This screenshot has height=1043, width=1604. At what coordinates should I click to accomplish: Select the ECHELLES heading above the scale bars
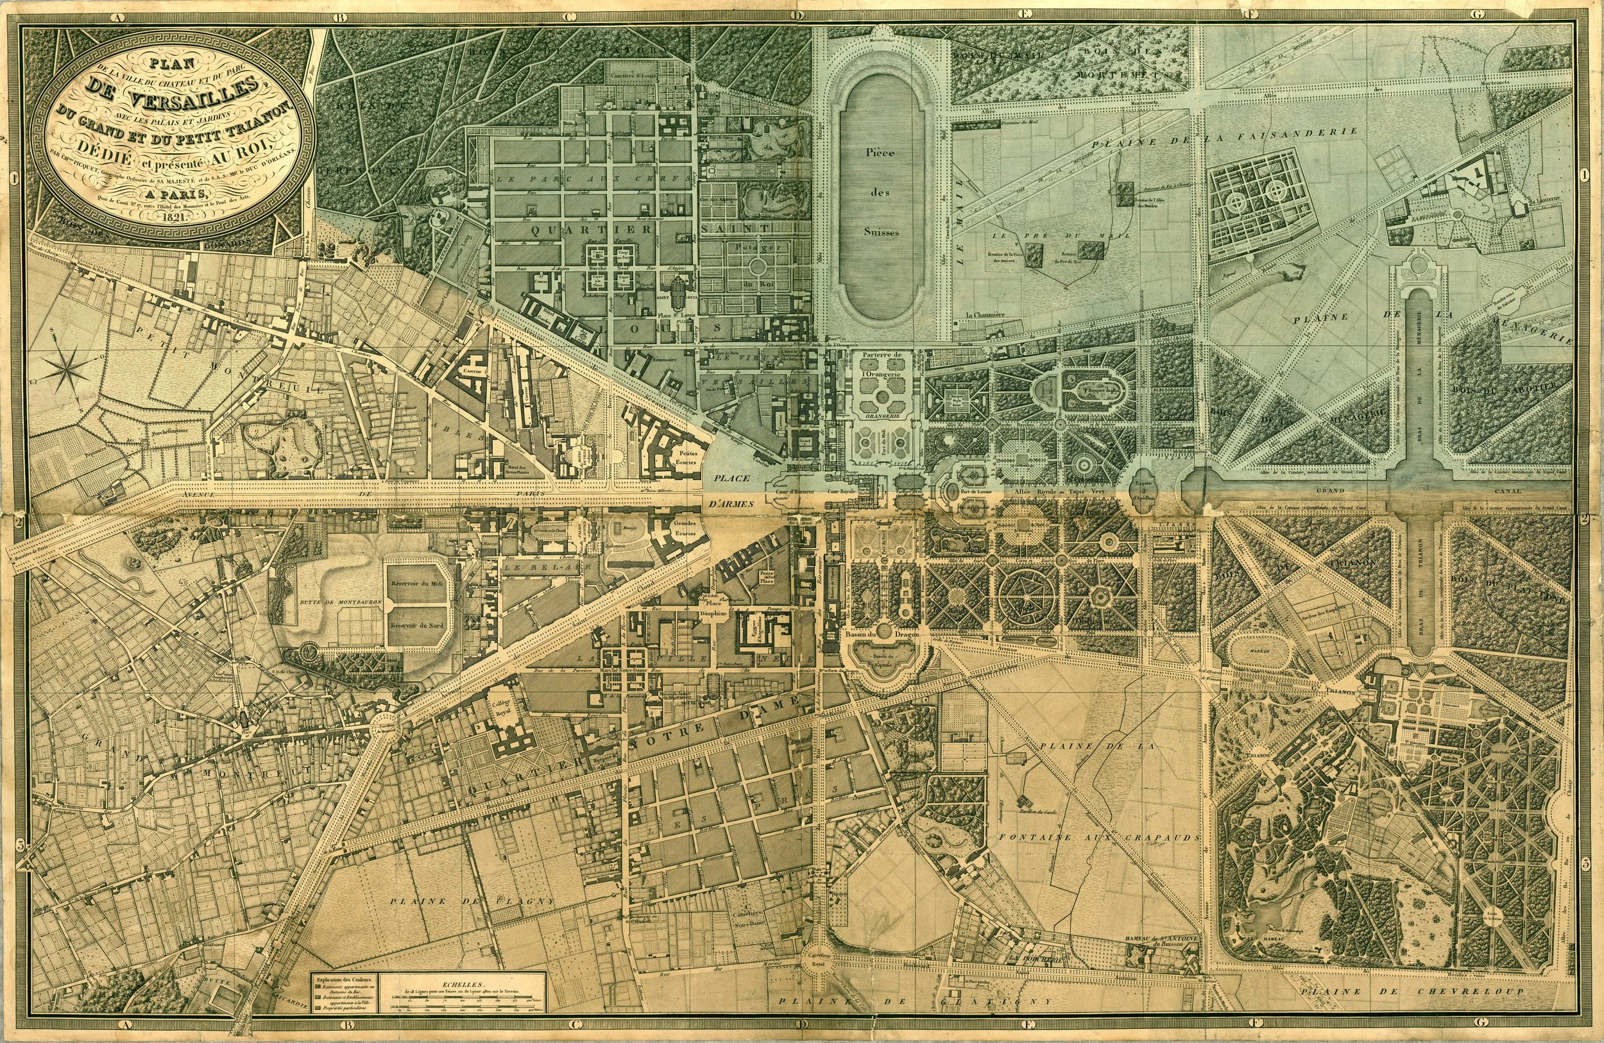click(465, 983)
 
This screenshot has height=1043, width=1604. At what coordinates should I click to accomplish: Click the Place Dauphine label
click(712, 611)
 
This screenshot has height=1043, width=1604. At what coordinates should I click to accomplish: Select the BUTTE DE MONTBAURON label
click(337, 602)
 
